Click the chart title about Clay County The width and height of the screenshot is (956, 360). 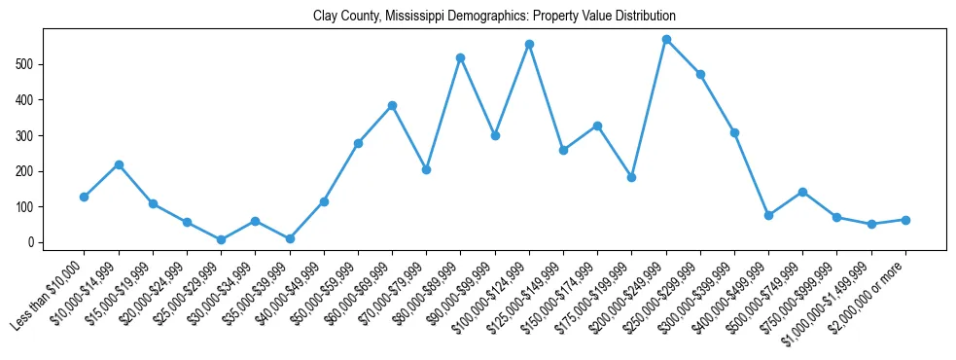(x=494, y=17)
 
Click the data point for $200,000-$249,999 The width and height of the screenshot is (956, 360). (x=666, y=40)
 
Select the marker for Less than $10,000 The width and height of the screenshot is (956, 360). (x=85, y=197)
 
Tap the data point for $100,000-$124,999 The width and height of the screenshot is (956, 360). (x=529, y=45)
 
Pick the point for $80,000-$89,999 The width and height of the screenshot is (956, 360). (x=461, y=58)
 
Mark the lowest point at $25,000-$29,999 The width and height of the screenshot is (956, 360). (x=222, y=239)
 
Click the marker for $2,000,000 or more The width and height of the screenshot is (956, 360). (x=905, y=220)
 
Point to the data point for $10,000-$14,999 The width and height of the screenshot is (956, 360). (x=119, y=164)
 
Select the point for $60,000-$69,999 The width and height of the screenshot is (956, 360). (x=392, y=105)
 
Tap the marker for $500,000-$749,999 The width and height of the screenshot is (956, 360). (x=802, y=192)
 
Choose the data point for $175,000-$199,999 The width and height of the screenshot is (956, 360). (x=631, y=177)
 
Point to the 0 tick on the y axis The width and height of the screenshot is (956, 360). (x=32, y=242)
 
